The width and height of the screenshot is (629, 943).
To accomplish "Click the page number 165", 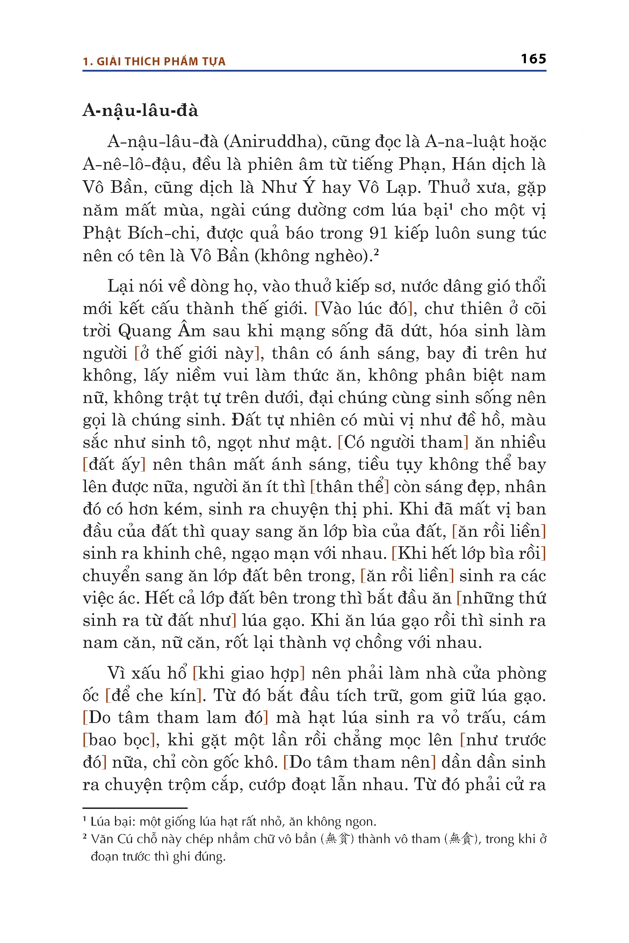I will pos(533,59).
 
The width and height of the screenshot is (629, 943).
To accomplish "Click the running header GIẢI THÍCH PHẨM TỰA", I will pos(161,62).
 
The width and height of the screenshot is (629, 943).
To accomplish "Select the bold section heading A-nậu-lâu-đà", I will pos(140,110).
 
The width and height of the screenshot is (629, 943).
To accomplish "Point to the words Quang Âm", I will pos(162,331).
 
